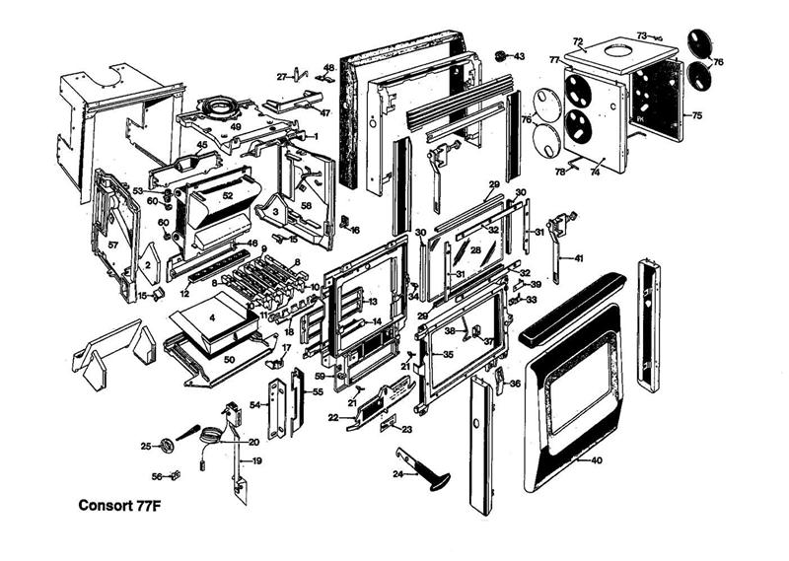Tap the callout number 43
pos(519,56)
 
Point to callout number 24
pos(397,474)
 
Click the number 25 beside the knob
pos(146,447)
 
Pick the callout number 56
pos(157,477)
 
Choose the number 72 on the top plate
pos(579,42)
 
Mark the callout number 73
pos(641,35)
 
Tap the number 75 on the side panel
pos(697,116)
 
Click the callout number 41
pos(579,258)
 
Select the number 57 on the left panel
pos(112,244)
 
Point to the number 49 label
pos(236,127)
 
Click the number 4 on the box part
pos(211,318)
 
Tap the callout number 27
pos(282,76)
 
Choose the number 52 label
pos(227,196)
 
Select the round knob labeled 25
pos(166,446)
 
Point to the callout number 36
pos(516,384)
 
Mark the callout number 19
pos(255,460)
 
